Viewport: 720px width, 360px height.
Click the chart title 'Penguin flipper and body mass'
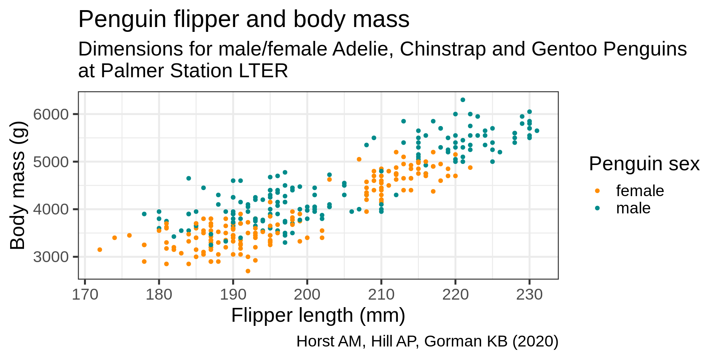pyautogui.click(x=244, y=19)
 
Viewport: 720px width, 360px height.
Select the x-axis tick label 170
pyautogui.click(x=85, y=295)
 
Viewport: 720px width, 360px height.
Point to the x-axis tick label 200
pyautogui.click(x=307, y=295)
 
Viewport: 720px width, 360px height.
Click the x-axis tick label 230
pyautogui.click(x=529, y=295)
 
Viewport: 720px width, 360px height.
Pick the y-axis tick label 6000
pyautogui.click(x=51, y=114)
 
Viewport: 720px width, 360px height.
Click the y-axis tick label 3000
pyautogui.click(x=51, y=257)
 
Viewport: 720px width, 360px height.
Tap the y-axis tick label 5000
pyautogui.click(x=51, y=162)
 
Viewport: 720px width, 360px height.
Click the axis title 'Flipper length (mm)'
pyautogui.click(x=318, y=315)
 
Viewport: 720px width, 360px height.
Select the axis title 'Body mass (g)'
pyautogui.click(x=18, y=185)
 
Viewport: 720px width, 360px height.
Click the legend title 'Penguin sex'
pyautogui.click(x=644, y=164)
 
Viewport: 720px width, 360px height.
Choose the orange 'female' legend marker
pyautogui.click(x=597, y=191)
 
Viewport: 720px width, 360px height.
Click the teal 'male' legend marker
pyautogui.click(x=597, y=208)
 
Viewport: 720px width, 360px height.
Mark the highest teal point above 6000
pyautogui.click(x=463, y=100)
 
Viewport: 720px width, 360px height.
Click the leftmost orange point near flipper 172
pyautogui.click(x=100, y=250)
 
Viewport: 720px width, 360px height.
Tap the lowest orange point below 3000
pyautogui.click(x=248, y=271)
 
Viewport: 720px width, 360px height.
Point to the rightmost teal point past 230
pyautogui.click(x=537, y=131)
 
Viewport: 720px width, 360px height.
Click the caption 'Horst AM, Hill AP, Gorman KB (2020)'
pyautogui.click(x=427, y=342)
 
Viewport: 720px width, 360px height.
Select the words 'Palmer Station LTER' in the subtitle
pyautogui.click(x=194, y=71)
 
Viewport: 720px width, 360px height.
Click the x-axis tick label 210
pyautogui.click(x=381, y=295)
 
